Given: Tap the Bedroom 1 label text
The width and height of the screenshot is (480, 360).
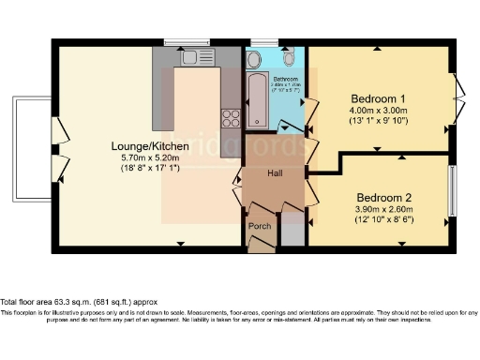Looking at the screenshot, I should click(378, 98).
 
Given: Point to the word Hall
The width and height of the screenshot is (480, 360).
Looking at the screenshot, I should click(276, 173).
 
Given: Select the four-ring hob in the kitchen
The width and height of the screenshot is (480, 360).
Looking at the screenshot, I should click(230, 117).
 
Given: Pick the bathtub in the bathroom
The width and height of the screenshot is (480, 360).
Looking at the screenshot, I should click(256, 100).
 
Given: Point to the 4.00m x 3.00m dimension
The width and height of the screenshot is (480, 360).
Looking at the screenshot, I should click(378, 111).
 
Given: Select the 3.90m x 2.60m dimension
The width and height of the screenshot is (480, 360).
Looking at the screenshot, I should click(385, 209).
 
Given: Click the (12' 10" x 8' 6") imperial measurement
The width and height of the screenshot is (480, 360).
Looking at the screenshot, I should click(385, 220).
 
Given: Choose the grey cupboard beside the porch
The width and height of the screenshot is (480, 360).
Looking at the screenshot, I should click(292, 232).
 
